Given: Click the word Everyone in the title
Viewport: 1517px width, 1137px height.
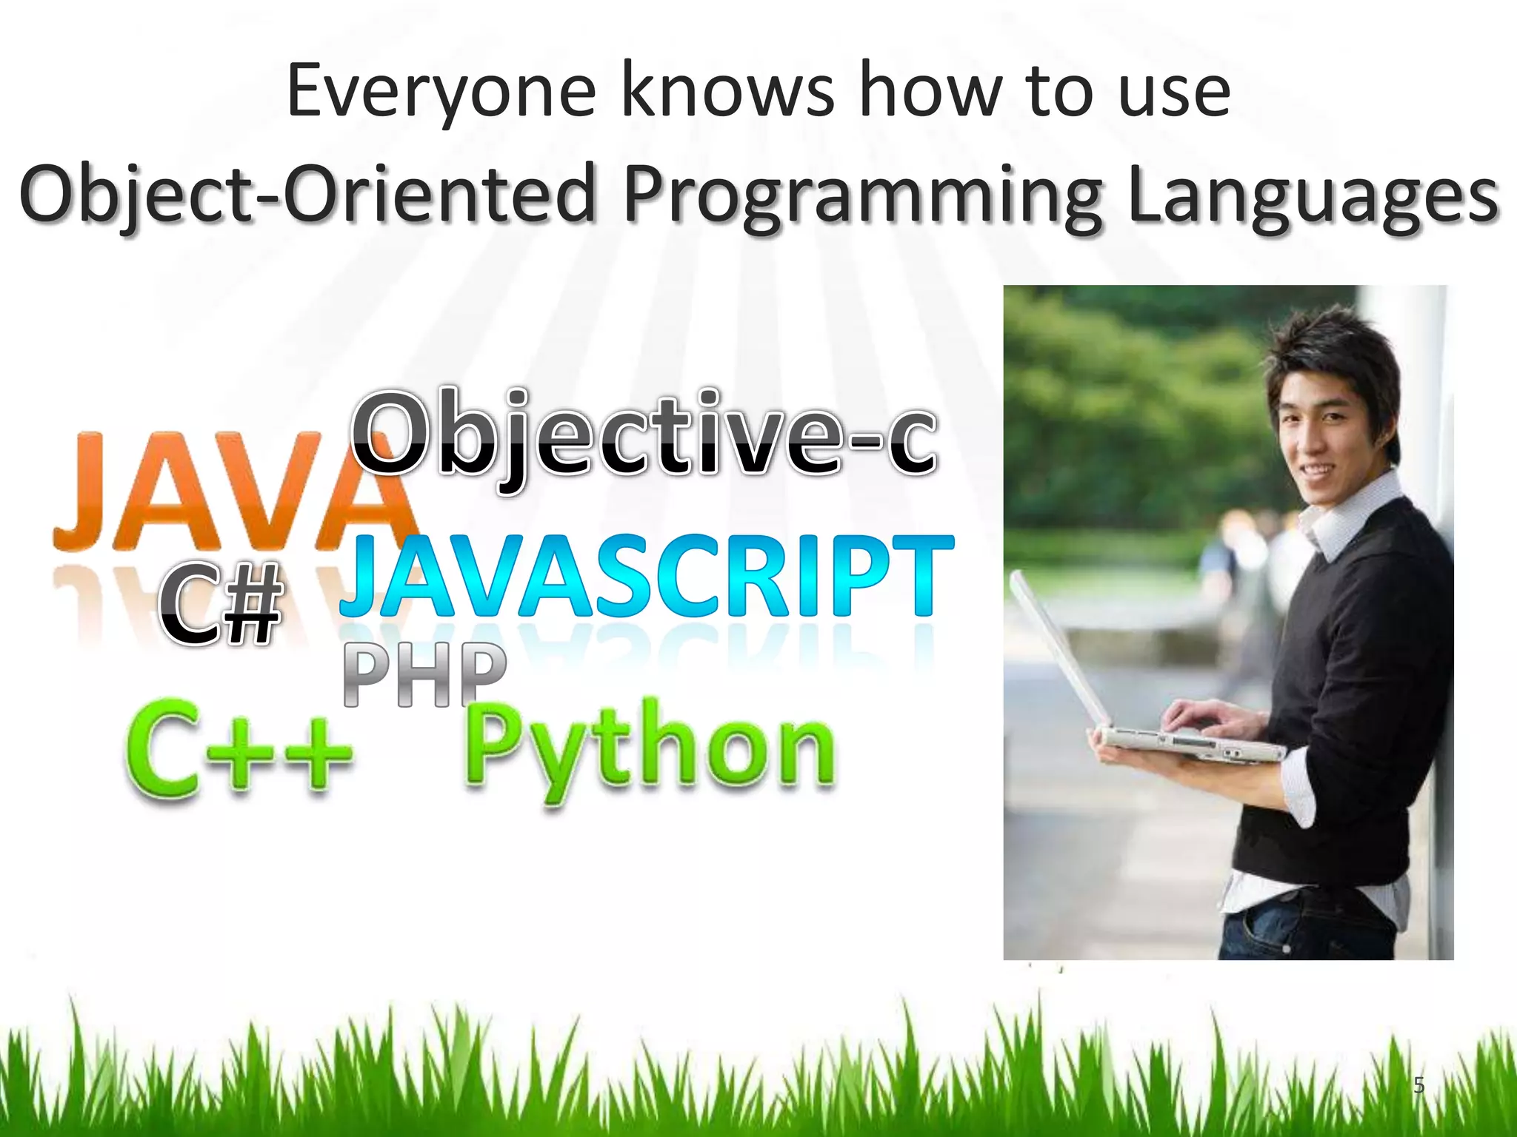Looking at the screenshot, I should pyautogui.click(x=441, y=93).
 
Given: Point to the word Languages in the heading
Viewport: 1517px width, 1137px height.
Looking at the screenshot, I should pyautogui.click(x=1313, y=194).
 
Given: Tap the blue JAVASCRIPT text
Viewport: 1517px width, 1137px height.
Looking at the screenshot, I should pyautogui.click(x=647, y=577).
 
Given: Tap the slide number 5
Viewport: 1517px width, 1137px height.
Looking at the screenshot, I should pyautogui.click(x=1418, y=1084).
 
